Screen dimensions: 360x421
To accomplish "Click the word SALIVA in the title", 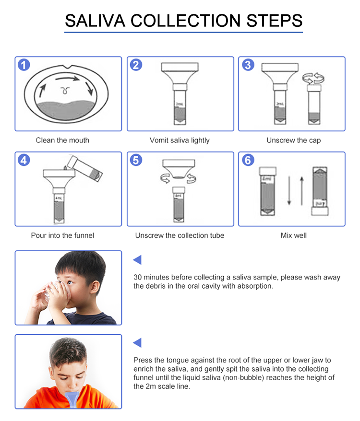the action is [x=95, y=21].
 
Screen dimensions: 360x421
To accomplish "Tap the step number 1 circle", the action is [x=24, y=65].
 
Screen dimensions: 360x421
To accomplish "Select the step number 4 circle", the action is [x=24, y=160].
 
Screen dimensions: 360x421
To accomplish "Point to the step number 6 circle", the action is [x=248, y=160].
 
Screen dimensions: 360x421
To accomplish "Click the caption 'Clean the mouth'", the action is [x=62, y=140].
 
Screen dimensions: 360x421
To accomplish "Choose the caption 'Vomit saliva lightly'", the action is [x=180, y=140].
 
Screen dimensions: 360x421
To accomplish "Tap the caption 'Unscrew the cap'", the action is [x=294, y=140].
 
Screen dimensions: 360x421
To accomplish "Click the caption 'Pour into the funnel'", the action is [x=62, y=235].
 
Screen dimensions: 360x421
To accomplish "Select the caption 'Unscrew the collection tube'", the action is [x=180, y=235].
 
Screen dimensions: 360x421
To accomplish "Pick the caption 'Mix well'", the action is [x=294, y=235].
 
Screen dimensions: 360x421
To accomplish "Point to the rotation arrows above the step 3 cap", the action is [x=313, y=78].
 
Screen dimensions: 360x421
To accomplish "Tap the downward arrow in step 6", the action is [x=289, y=190].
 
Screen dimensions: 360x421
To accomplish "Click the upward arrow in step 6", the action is [x=302, y=191].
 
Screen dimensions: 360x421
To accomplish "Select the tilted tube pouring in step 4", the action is [x=84, y=169].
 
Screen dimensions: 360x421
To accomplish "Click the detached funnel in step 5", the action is [x=179, y=169].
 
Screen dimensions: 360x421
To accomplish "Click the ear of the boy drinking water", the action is [x=95, y=287].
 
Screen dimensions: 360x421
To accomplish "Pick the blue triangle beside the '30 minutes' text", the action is [x=137, y=259].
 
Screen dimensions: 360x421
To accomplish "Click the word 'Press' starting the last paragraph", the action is [x=143, y=360].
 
